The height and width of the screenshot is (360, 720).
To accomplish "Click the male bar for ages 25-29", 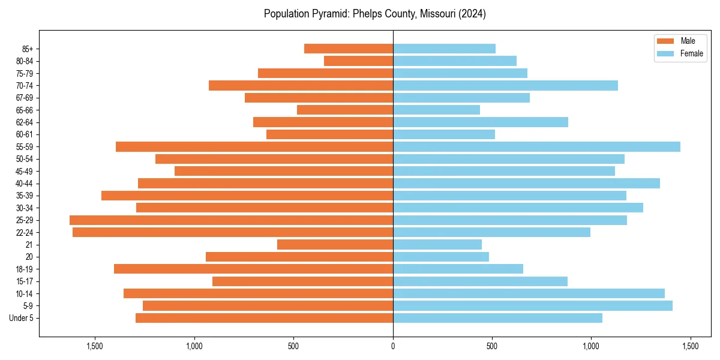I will (x=231, y=220).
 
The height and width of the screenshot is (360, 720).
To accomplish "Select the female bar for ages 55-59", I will (x=536, y=147).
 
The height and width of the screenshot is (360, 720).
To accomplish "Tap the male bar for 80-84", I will (x=358, y=61).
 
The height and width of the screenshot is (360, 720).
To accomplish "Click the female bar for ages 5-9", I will (x=533, y=306).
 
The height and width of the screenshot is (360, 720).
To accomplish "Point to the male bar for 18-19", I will (x=253, y=269).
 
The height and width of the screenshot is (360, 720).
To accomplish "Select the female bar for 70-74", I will (x=505, y=86).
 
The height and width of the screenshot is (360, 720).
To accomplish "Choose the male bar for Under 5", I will (x=264, y=318).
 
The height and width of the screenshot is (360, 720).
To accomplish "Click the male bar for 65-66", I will (x=345, y=110).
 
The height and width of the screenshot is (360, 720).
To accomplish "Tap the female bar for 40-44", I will (x=526, y=184).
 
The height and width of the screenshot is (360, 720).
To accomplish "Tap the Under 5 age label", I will (x=21, y=318).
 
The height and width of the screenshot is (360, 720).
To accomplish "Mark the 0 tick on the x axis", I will (x=393, y=346).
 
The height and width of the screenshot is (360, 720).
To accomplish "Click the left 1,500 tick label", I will (x=95, y=346).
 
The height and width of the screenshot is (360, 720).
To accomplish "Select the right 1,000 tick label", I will (x=591, y=346).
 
